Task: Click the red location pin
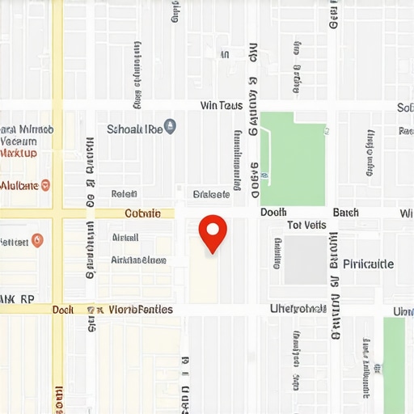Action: pyautogui.click(x=213, y=231)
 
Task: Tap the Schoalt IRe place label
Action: pyautogui.click(x=134, y=128)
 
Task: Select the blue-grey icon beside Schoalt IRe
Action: pyautogui.click(x=170, y=127)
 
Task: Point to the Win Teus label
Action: pyautogui.click(x=221, y=106)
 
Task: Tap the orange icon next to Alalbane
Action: pyautogui.click(x=45, y=185)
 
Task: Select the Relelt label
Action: pyautogui.click(x=124, y=194)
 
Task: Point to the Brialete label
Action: pyautogui.click(x=212, y=194)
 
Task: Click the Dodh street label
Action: pyautogui.click(x=274, y=213)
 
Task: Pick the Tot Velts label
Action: pyautogui.click(x=306, y=226)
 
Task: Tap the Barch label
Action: pyautogui.click(x=345, y=213)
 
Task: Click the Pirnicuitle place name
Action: pyautogui.click(x=368, y=264)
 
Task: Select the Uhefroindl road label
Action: pyautogui.click(x=298, y=309)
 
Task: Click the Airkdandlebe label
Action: pyautogui.click(x=138, y=260)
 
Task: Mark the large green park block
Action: pyautogui.click(x=293, y=158)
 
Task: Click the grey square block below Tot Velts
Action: pyautogui.click(x=304, y=259)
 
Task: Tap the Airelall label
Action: pyautogui.click(x=125, y=238)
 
